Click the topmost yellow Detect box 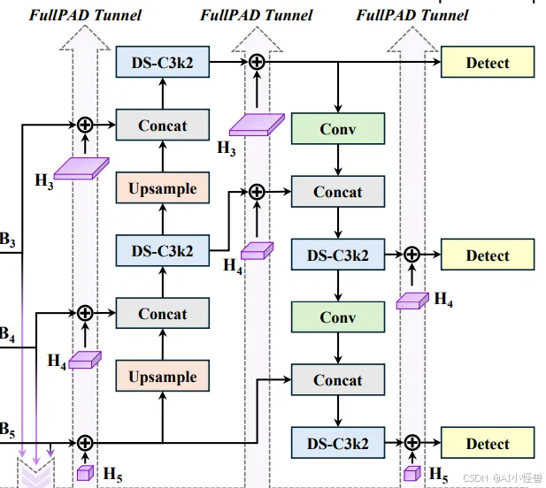tap(488, 63)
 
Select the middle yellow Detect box tap(488, 255)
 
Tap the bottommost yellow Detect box tap(488, 444)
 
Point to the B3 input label tap(7, 239)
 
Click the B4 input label tap(7, 335)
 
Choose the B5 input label tap(7, 432)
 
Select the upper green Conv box tap(338, 129)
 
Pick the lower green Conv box tap(338, 317)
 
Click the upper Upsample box tap(163, 188)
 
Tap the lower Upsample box tap(163, 377)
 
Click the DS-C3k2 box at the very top tap(163, 62)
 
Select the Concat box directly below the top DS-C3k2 tap(163, 126)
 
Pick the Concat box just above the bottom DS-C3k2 tap(338, 381)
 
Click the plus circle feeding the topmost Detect tap(257, 62)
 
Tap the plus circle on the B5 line tap(85, 443)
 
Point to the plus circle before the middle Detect tap(411, 255)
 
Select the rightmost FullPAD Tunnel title tap(412, 15)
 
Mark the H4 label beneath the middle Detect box tap(443, 301)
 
